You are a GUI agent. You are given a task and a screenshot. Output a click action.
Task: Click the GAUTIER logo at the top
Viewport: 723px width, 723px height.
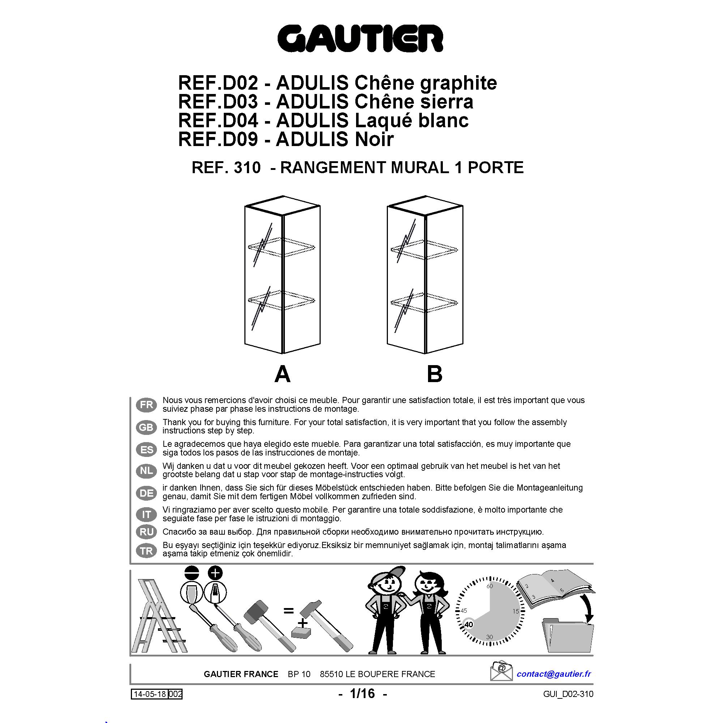(360, 39)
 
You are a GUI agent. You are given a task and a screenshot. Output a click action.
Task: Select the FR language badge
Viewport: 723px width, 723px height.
(146, 405)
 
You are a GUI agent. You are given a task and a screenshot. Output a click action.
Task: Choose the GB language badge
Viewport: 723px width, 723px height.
(146, 427)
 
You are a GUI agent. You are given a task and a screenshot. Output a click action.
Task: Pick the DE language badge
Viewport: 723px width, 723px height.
(146, 493)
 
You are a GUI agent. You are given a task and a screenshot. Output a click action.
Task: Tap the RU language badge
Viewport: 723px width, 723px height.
(146, 532)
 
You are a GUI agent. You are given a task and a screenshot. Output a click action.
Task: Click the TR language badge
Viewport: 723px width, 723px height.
(146, 551)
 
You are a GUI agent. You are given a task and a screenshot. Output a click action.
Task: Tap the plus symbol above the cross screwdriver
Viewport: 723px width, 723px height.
(215, 573)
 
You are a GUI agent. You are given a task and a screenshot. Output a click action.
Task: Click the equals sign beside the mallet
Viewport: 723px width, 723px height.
(288, 611)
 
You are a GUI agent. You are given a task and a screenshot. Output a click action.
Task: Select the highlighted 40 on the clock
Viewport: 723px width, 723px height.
(469, 625)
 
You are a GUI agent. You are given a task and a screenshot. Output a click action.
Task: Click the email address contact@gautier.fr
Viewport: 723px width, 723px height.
(553, 674)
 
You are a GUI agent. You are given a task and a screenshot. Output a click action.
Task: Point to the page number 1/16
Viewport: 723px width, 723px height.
(362, 694)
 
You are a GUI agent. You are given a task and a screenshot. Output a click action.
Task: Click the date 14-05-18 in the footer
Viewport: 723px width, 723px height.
(150, 694)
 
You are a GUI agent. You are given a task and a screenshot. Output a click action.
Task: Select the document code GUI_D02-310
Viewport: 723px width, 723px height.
(568, 694)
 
